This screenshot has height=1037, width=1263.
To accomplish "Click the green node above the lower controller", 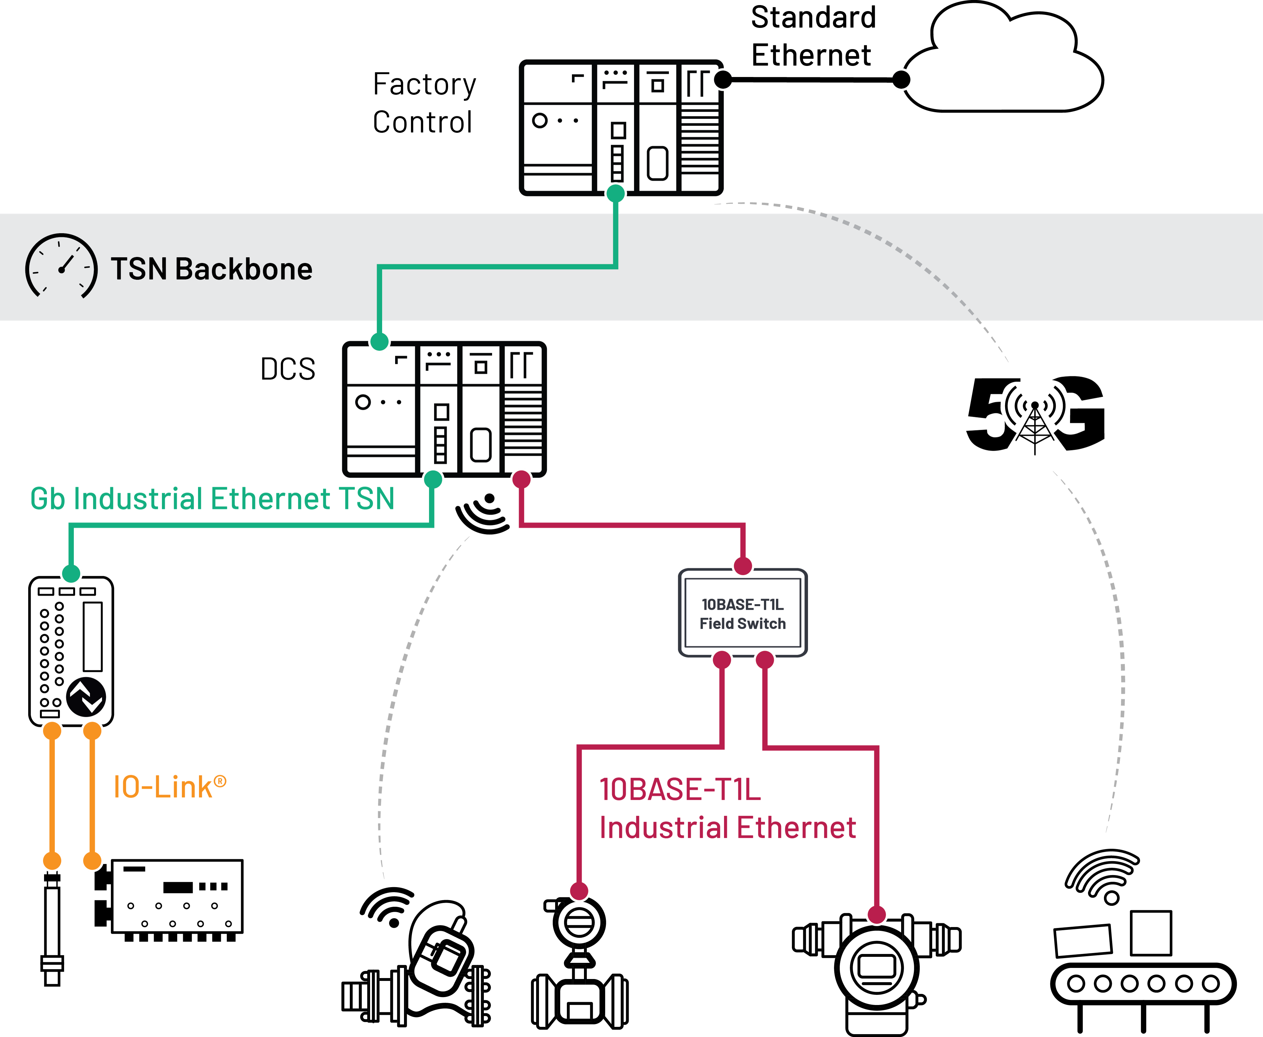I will pos(379,342).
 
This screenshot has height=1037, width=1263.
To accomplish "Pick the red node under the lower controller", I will pos(521,479).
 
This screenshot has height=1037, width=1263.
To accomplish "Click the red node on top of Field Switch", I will pos(743,565).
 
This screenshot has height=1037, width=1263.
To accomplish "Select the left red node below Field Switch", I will pos(722,660).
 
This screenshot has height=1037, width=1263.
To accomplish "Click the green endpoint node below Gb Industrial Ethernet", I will pos(71,573).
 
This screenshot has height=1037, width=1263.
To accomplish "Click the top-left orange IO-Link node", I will pos(52,731).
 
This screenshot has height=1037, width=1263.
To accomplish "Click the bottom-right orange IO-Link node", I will pos(92,861).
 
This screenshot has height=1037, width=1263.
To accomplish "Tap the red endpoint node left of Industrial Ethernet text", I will pos(579,891).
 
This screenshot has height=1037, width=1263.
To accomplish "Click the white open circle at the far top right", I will pos(901,80).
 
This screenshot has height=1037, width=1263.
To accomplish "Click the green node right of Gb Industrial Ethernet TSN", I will pos(433,479).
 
